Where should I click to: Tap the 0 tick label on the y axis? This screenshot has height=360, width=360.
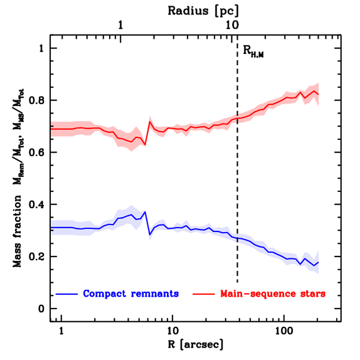(x=43, y=309)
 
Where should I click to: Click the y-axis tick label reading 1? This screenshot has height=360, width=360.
(x=43, y=48)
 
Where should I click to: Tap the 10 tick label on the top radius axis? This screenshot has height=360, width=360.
(x=231, y=26)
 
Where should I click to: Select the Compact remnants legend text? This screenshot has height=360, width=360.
(x=131, y=294)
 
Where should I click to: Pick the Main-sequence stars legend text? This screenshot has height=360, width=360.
(x=273, y=294)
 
